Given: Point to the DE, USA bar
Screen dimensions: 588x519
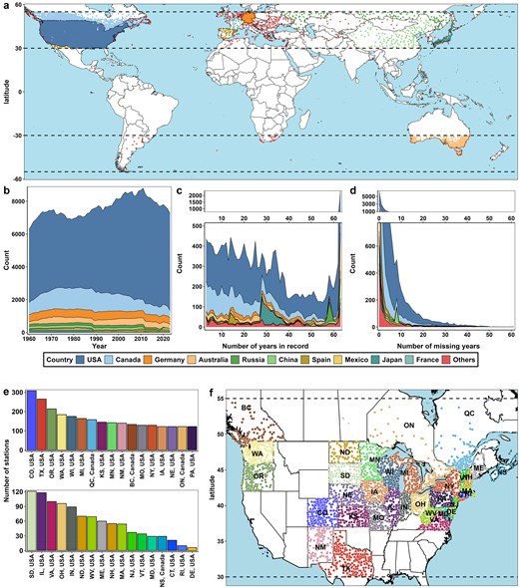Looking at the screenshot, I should (194, 548).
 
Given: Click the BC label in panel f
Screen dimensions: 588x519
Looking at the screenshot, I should (248, 408).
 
